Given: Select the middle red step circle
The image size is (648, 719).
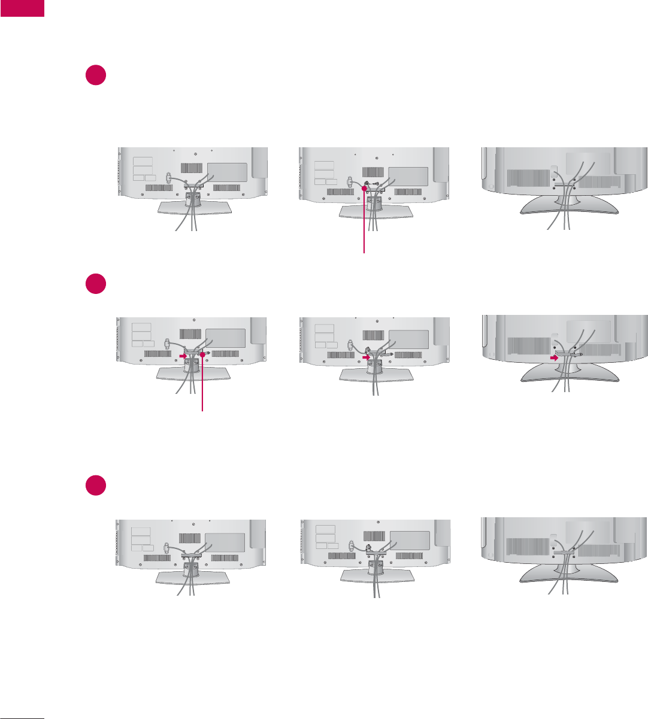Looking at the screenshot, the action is tap(96, 284).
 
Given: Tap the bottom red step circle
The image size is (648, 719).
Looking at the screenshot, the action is tap(96, 485).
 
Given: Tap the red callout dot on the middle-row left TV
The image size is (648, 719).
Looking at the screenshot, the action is tap(203, 355).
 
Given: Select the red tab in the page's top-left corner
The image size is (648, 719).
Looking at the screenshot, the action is tap(22, 8).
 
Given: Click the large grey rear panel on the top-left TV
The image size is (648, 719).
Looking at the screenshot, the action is tap(227, 172).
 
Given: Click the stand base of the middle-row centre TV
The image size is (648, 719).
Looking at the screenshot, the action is tap(376, 375).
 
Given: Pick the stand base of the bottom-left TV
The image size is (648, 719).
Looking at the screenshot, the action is tap(193, 577).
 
